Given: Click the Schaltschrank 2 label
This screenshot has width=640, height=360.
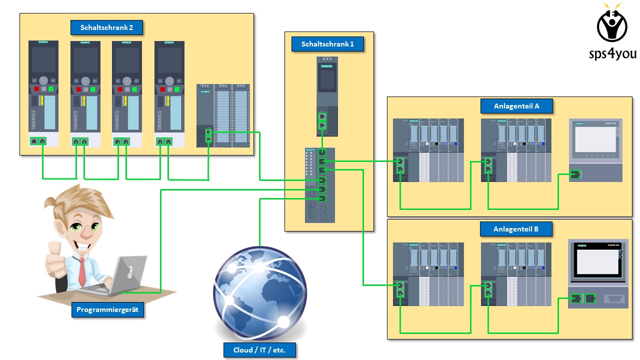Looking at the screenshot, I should pos(106,27).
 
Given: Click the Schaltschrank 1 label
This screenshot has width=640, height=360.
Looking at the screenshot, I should pos(327,44).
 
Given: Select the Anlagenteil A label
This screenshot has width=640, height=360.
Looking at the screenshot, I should pos(516,106).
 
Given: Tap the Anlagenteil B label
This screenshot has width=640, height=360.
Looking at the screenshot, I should pos(516,229).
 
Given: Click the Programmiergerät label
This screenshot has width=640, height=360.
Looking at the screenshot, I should pos(107,310).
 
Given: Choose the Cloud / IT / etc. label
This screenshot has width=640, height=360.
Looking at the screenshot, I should pos(259,350).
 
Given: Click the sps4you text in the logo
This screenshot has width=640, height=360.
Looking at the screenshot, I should pos(612,53).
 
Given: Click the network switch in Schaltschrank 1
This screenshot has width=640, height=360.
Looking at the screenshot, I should pos(320,185).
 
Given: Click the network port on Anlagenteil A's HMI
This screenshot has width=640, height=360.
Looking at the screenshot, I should pos(575,174).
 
